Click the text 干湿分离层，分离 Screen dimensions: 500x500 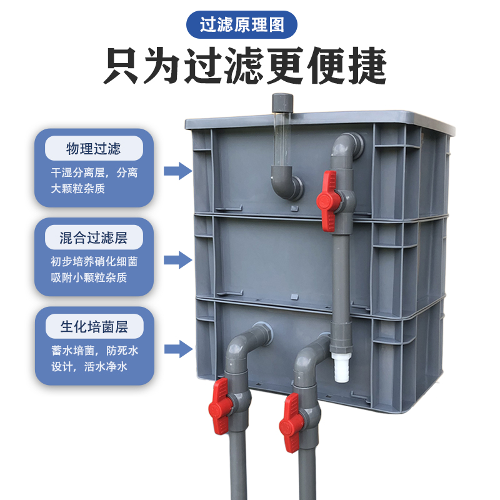pos(94,172)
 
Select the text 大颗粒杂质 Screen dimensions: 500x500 pos(78,188)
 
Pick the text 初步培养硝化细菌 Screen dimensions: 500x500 pos(94,261)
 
